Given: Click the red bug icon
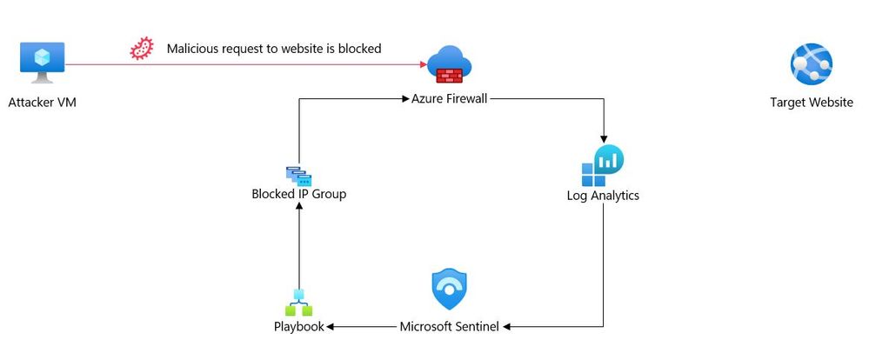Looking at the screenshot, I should [x=140, y=49].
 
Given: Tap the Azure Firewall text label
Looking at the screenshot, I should [x=449, y=99].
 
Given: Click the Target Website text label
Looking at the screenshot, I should [x=811, y=103].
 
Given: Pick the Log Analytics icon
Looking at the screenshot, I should [x=603, y=165].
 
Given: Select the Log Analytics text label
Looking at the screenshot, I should [x=603, y=196].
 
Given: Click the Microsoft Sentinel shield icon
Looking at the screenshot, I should [x=449, y=290].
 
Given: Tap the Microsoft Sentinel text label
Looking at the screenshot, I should [x=449, y=327].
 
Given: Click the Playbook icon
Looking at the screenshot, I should [x=298, y=303].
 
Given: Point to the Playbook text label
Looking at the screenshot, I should [x=298, y=327].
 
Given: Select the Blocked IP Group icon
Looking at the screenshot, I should [x=298, y=176].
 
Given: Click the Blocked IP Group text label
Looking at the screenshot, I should [x=298, y=194].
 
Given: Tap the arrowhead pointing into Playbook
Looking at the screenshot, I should [x=330, y=327].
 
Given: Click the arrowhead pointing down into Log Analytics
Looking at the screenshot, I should [x=603, y=137].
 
